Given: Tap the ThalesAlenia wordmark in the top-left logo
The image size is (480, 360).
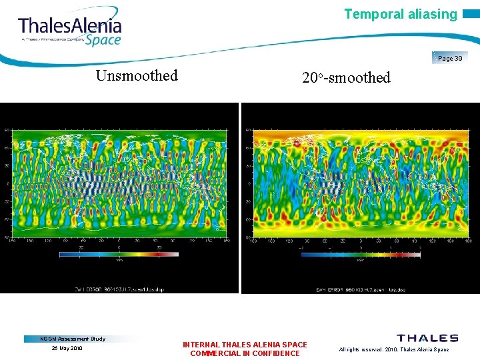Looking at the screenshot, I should pyautogui.click(x=70, y=27).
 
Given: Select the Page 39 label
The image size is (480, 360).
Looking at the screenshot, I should pyautogui.click(x=450, y=59).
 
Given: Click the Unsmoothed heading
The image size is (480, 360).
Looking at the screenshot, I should pyautogui.click(x=137, y=75).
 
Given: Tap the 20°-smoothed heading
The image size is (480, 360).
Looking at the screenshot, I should pyautogui.click(x=346, y=77).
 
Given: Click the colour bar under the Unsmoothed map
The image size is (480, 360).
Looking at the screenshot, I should pyautogui.click(x=119, y=254).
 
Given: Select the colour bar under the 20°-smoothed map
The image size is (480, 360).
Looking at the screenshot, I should pyautogui.click(x=360, y=254).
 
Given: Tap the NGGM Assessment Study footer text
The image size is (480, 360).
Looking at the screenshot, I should pyautogui.click(x=73, y=339).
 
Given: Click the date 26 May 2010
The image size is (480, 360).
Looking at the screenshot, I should pyautogui.click(x=67, y=348).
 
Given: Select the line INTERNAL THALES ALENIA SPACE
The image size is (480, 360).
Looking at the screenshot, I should pyautogui.click(x=245, y=345).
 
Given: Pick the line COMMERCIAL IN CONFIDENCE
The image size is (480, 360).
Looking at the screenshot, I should pyautogui.click(x=245, y=353).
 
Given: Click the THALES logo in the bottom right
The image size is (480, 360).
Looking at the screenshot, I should pyautogui.click(x=427, y=338).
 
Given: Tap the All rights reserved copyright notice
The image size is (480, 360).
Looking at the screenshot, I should pyautogui.click(x=394, y=349).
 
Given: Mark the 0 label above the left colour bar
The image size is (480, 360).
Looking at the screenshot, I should pyautogui.click(x=119, y=247).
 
